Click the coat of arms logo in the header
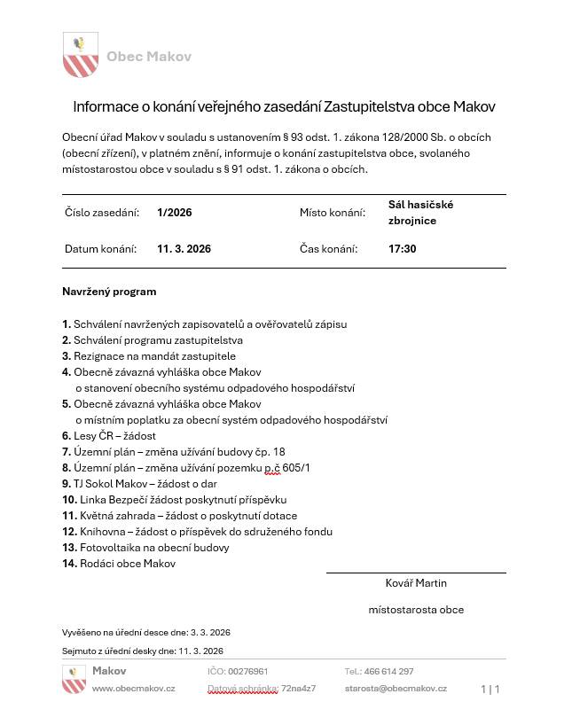pos(80,55)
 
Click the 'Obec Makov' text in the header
pos(148,57)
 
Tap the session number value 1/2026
pos(175,213)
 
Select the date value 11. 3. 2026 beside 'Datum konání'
pos(184,249)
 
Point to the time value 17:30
pos(402,249)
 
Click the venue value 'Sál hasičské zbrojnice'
pos(420,213)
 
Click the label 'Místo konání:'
pos(332,213)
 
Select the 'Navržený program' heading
pos(109,291)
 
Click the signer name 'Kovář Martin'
pos(416,583)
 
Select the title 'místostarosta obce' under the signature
pos(416,610)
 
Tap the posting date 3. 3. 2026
pos(210,633)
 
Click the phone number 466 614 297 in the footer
pos(388,672)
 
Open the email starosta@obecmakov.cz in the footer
pos(396,689)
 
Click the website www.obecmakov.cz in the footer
pos(134,689)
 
